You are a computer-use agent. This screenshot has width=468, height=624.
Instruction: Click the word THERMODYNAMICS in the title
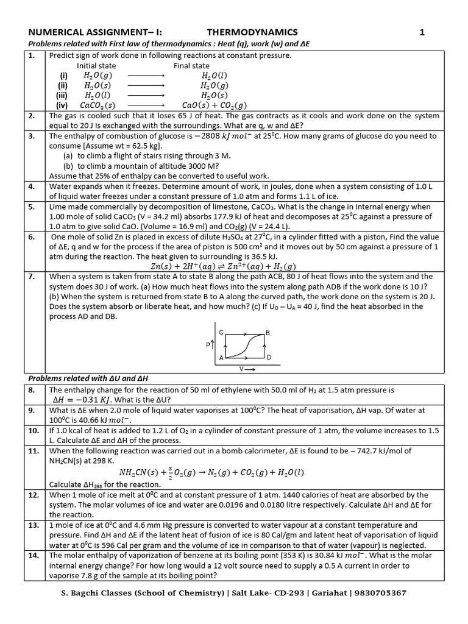[x=252, y=32]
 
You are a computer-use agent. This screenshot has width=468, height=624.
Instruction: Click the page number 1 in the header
[x=421, y=32]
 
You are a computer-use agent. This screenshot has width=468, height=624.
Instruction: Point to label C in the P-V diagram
[x=221, y=332]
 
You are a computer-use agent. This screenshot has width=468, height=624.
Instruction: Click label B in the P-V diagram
[x=268, y=333]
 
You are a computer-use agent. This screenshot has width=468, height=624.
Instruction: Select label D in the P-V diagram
[x=268, y=356]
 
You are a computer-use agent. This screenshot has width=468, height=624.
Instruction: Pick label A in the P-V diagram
[x=221, y=356]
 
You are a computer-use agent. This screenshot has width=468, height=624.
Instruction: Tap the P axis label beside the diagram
[x=209, y=345]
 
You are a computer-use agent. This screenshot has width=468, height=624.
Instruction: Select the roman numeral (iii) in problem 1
[x=61, y=95]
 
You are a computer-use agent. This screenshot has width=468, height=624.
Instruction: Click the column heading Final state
[x=191, y=66]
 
